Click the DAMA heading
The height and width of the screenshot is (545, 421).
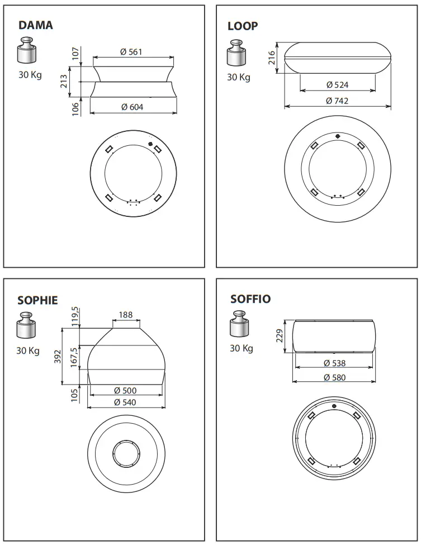pyautogui.click(x=36, y=25)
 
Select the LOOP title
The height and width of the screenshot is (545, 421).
pyautogui.click(x=243, y=26)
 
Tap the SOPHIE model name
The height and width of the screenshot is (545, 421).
pyautogui.click(x=37, y=300)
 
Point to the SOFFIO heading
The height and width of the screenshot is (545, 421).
pyautogui.click(x=250, y=299)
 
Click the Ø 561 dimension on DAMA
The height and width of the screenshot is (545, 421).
pyautogui.click(x=131, y=52)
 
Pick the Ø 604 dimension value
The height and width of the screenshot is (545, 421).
pyautogui.click(x=132, y=107)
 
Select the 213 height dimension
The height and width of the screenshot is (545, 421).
pyautogui.click(x=64, y=82)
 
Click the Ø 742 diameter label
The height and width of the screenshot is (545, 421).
pyautogui.click(x=337, y=101)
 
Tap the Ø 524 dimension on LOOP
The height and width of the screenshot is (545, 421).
pyautogui.click(x=337, y=85)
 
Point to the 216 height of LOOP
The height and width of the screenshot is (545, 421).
pyautogui.click(x=272, y=58)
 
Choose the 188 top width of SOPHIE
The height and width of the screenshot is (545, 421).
pyautogui.click(x=126, y=315)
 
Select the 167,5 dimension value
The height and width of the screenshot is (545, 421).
pyautogui.click(x=74, y=356)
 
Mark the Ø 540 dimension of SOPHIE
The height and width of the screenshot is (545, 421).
pyautogui.click(x=126, y=402)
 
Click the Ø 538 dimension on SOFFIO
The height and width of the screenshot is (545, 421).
pyautogui.click(x=335, y=363)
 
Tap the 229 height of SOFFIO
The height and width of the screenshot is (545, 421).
pyautogui.click(x=280, y=337)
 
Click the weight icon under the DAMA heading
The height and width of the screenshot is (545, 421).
pyautogui.click(x=26, y=51)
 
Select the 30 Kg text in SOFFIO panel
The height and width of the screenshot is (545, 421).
pyautogui.click(x=241, y=349)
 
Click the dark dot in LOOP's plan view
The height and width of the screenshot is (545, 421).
pyautogui.click(x=337, y=137)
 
